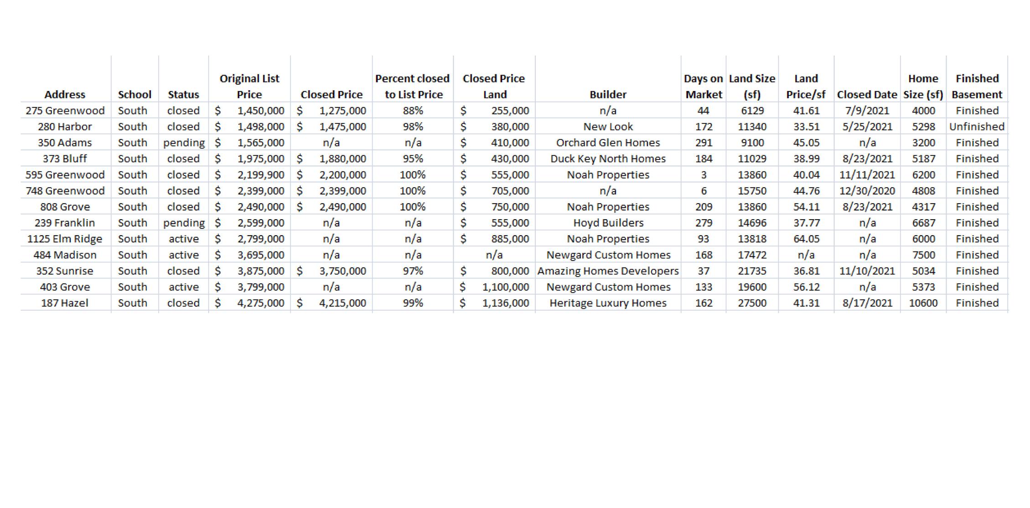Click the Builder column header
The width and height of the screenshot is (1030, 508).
[x=608, y=94]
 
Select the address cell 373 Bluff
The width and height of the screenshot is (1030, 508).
[x=65, y=159]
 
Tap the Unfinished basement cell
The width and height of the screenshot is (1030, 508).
[x=977, y=127]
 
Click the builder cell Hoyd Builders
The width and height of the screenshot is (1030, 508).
[x=608, y=223]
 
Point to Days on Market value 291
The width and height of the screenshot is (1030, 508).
[x=704, y=143]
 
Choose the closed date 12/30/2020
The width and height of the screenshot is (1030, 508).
[x=867, y=191]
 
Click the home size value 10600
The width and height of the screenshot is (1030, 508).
[x=923, y=303]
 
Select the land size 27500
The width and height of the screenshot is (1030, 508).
[x=752, y=303]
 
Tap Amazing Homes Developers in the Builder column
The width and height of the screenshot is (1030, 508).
[x=608, y=271]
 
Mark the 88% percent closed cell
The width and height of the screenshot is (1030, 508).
[x=413, y=111]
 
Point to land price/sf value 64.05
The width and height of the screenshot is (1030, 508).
[x=806, y=239]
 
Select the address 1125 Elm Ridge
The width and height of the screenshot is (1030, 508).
[x=65, y=239]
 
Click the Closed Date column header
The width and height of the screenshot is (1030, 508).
[x=867, y=94]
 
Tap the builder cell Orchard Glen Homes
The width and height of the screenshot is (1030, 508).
[x=608, y=143]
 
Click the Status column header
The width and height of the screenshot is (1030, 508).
[x=183, y=94]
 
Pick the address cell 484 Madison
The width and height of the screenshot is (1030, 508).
[x=65, y=255]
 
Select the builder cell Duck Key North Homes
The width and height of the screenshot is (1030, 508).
[x=608, y=159]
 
